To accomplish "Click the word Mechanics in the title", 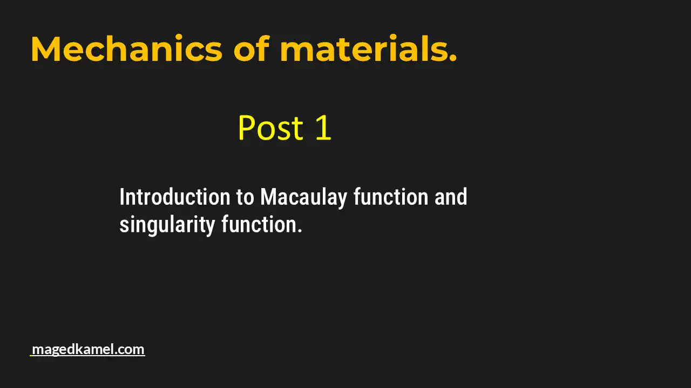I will (x=126, y=49).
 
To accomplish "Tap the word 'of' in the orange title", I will (x=251, y=49).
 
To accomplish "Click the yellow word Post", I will (x=270, y=128).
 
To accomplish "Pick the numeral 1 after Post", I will (x=322, y=128).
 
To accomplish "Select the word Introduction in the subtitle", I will (x=175, y=197).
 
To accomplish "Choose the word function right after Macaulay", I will (x=391, y=197).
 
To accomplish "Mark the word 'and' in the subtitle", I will (x=451, y=197).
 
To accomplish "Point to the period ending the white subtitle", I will (x=300, y=231).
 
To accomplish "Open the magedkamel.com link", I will (x=88, y=349).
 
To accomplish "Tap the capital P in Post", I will (x=247, y=128).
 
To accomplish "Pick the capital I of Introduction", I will (x=122, y=197).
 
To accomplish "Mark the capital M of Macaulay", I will (x=268, y=197).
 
